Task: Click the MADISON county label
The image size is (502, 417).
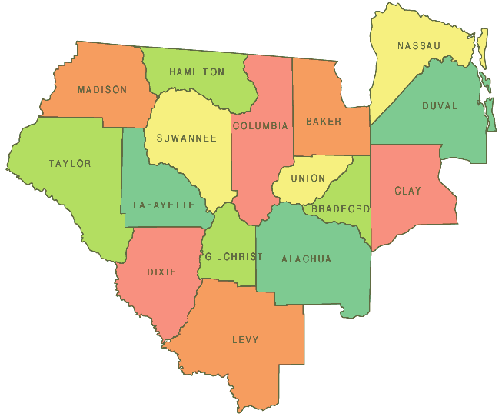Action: (x=102, y=90)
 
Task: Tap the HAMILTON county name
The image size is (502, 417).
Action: (x=197, y=72)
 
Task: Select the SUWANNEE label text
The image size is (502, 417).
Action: (x=186, y=138)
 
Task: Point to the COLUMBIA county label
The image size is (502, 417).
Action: (x=261, y=126)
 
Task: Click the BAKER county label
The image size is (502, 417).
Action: (x=323, y=122)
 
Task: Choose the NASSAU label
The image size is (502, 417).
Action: (x=419, y=46)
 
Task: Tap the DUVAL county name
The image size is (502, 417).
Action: (x=440, y=106)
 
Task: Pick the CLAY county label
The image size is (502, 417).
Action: (x=407, y=191)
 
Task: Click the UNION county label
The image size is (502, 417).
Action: (x=308, y=178)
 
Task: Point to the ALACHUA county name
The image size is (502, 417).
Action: (x=306, y=259)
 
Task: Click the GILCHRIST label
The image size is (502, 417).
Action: (x=231, y=256)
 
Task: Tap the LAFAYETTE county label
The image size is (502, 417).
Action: (x=164, y=205)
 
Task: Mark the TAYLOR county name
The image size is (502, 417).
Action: (x=70, y=164)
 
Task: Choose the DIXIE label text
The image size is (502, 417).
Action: (x=161, y=272)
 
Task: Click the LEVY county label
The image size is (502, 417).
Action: (x=245, y=339)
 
